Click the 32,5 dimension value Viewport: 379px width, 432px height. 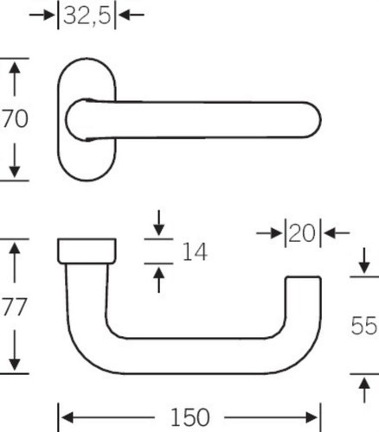tap(87, 16)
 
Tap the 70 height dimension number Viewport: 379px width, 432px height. tap(15, 118)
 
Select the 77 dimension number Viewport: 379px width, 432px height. tap(15, 307)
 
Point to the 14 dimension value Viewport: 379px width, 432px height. tap(195, 251)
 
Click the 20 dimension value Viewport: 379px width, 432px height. tap(302, 233)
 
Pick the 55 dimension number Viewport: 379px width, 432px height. tap(364, 326)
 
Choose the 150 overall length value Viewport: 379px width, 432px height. tap(190, 417)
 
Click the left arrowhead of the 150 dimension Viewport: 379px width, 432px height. tap(67, 417)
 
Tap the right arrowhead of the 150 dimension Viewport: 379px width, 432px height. tap(312, 417)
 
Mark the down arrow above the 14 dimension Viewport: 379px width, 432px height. tap(158, 223)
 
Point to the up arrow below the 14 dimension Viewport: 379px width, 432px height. tap(158, 280)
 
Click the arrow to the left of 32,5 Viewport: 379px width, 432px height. tap(42, 15)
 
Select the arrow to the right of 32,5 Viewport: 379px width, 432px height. tap(132, 15)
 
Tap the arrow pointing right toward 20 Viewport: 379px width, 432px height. tap(269, 233)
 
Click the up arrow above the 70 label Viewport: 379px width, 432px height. tap(15, 79)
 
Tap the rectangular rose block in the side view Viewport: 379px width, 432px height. tap(87, 251)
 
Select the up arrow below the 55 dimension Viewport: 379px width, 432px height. tap(364, 391)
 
